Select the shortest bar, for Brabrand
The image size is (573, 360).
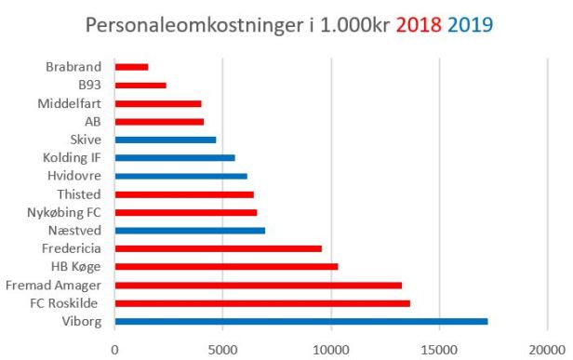[x=131, y=67]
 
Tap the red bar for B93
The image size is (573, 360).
[x=140, y=85]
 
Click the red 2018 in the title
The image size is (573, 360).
[x=418, y=24]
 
